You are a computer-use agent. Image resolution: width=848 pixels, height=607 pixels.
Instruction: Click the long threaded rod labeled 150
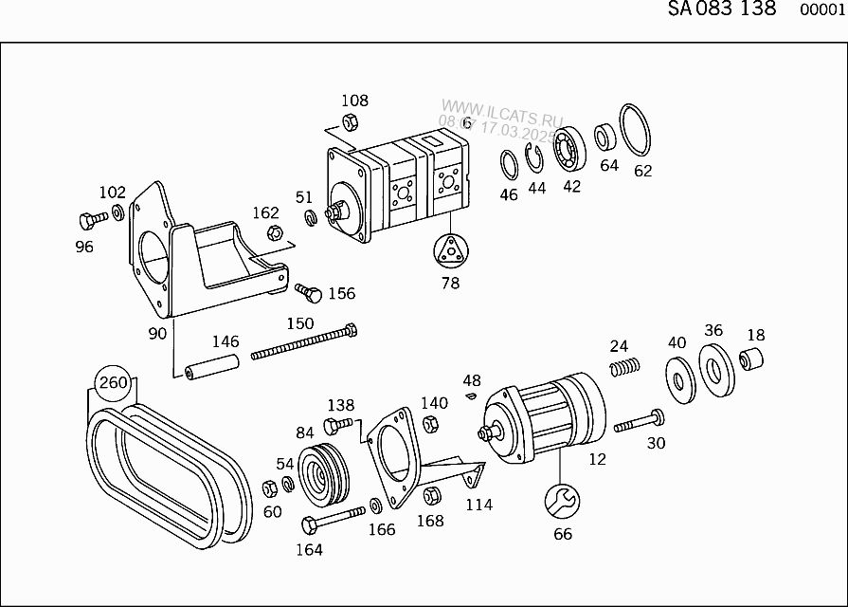[x=303, y=343]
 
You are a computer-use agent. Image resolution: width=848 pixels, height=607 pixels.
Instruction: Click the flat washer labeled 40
[x=678, y=378]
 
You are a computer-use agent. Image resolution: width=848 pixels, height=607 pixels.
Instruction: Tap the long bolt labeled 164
[x=332, y=519]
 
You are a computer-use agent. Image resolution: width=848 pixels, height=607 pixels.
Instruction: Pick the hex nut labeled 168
[x=430, y=494]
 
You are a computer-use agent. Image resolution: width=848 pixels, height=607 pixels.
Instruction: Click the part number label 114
[x=478, y=505]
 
